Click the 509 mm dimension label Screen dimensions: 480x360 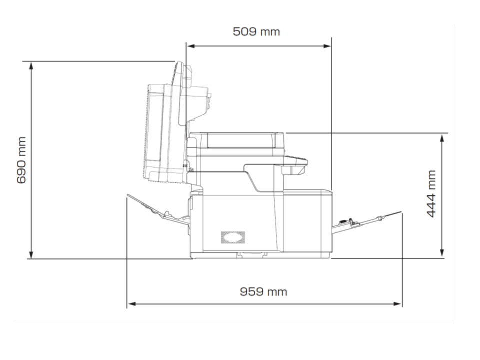click(x=256, y=32)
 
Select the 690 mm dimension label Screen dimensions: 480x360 click(x=21, y=160)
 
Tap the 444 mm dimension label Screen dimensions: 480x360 click(x=431, y=194)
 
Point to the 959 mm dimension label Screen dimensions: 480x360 click(x=263, y=291)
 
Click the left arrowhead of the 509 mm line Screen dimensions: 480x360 click(x=191, y=46)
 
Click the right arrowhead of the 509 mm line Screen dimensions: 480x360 click(x=327, y=46)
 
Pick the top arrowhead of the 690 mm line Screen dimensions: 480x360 click(x=31, y=66)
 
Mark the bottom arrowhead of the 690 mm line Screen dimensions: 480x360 click(x=31, y=255)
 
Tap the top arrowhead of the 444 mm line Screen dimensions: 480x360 click(x=442, y=138)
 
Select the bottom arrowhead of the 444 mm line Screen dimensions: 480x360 click(x=442, y=252)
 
